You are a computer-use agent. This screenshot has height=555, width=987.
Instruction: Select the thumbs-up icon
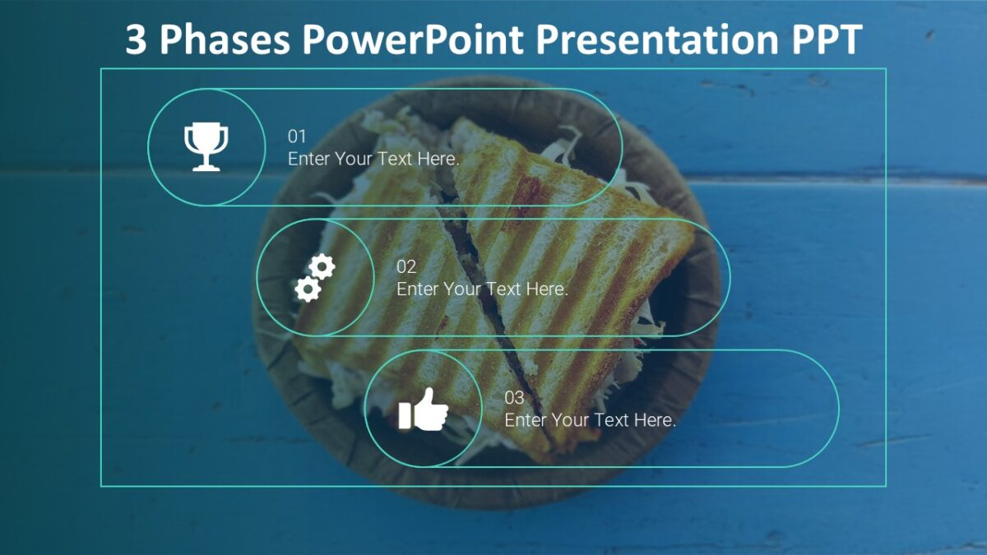424,409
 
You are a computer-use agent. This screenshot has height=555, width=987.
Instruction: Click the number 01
296,136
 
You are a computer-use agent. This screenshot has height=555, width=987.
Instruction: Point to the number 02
406,267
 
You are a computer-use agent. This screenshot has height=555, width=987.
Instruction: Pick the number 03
514,398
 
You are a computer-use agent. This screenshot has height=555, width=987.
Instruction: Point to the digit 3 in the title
137,39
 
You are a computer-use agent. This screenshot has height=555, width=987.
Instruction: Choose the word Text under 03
611,420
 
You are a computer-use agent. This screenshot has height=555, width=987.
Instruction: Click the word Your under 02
461,289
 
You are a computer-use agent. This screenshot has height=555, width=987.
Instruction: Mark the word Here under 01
438,159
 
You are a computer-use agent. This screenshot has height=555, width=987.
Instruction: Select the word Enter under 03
525,420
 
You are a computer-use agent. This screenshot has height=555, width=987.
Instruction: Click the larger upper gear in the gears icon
322,266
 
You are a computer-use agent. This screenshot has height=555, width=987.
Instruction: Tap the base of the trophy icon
206,167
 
